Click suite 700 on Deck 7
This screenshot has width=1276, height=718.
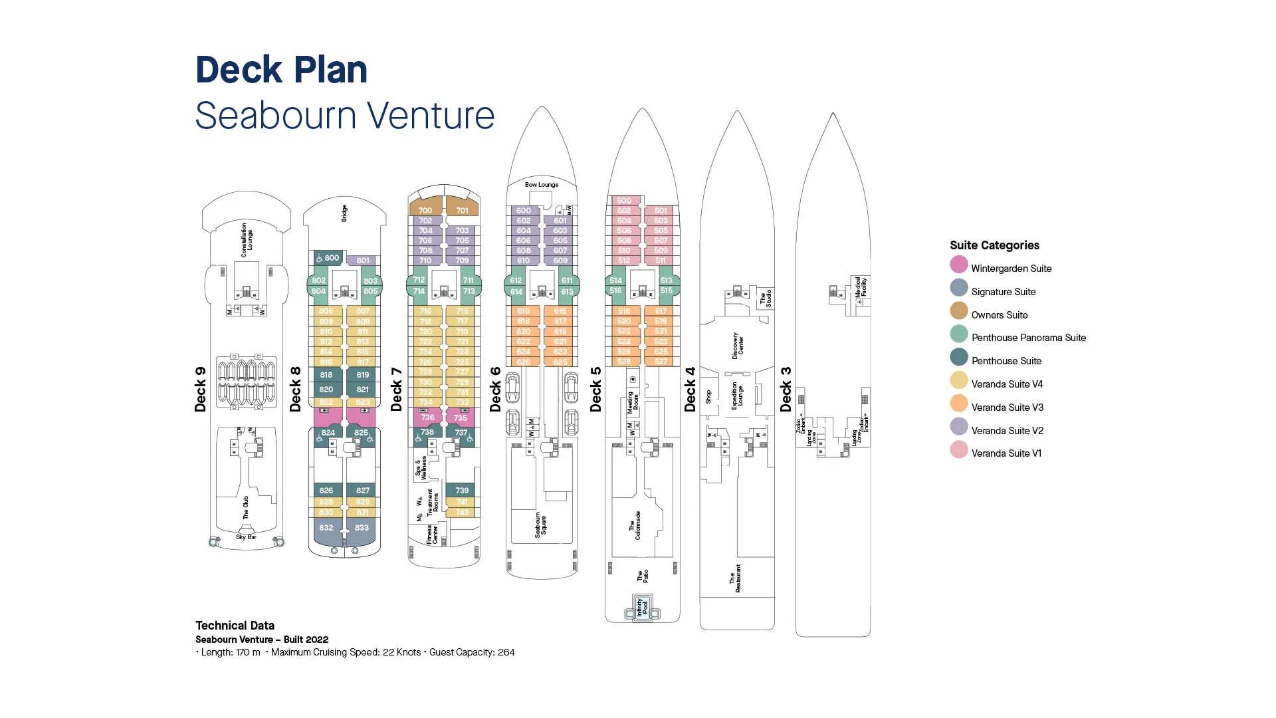[x=425, y=210]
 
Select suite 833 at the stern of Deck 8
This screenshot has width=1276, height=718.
[x=362, y=528]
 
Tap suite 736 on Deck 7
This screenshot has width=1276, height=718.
[x=427, y=418]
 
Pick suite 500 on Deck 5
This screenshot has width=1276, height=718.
[x=624, y=200]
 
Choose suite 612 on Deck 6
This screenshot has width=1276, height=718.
[x=516, y=281]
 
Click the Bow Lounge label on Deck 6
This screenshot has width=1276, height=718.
[x=542, y=185]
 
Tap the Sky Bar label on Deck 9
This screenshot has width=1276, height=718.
[x=246, y=537]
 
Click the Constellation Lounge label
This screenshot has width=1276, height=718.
[x=247, y=240]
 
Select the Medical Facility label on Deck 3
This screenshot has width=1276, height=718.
[x=861, y=287]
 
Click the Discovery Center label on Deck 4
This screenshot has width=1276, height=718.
[x=738, y=346]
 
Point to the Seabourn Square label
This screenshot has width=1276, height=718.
[x=540, y=525]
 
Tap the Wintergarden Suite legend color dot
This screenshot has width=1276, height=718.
[x=958, y=265]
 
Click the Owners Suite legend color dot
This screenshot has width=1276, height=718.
[x=958, y=311]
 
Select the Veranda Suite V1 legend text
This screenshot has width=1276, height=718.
[x=1006, y=453]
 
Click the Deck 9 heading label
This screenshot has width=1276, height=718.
[x=200, y=389]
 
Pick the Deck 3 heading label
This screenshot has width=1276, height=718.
[x=786, y=389]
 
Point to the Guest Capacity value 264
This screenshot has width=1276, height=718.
[x=506, y=652]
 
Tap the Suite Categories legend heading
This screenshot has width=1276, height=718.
[x=994, y=245]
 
